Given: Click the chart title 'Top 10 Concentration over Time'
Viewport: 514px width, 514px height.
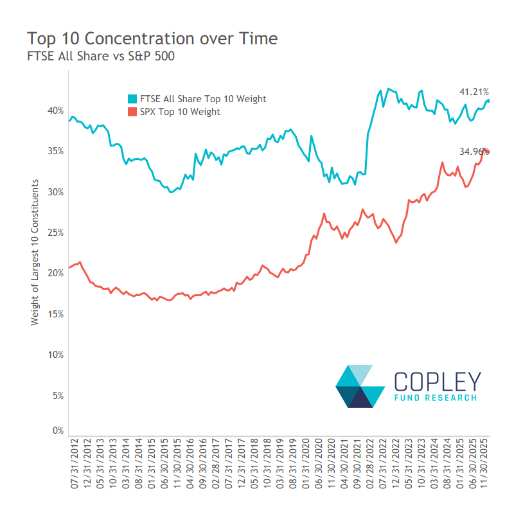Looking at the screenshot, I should click(152, 39).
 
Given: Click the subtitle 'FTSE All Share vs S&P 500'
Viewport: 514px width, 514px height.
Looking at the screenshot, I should click(101, 57).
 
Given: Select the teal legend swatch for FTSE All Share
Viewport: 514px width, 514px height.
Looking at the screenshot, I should click(132, 99).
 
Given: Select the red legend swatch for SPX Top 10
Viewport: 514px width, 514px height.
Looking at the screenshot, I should click(132, 112).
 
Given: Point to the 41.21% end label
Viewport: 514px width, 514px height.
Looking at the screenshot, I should click(474, 93).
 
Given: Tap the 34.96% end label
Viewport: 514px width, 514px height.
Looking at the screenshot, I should click(473, 152).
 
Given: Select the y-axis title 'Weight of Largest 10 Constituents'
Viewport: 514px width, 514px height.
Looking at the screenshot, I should click(35, 253).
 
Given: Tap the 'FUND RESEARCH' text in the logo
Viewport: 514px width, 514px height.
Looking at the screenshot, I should click(436, 398).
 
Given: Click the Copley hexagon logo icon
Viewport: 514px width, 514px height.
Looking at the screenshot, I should click(360, 386).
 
